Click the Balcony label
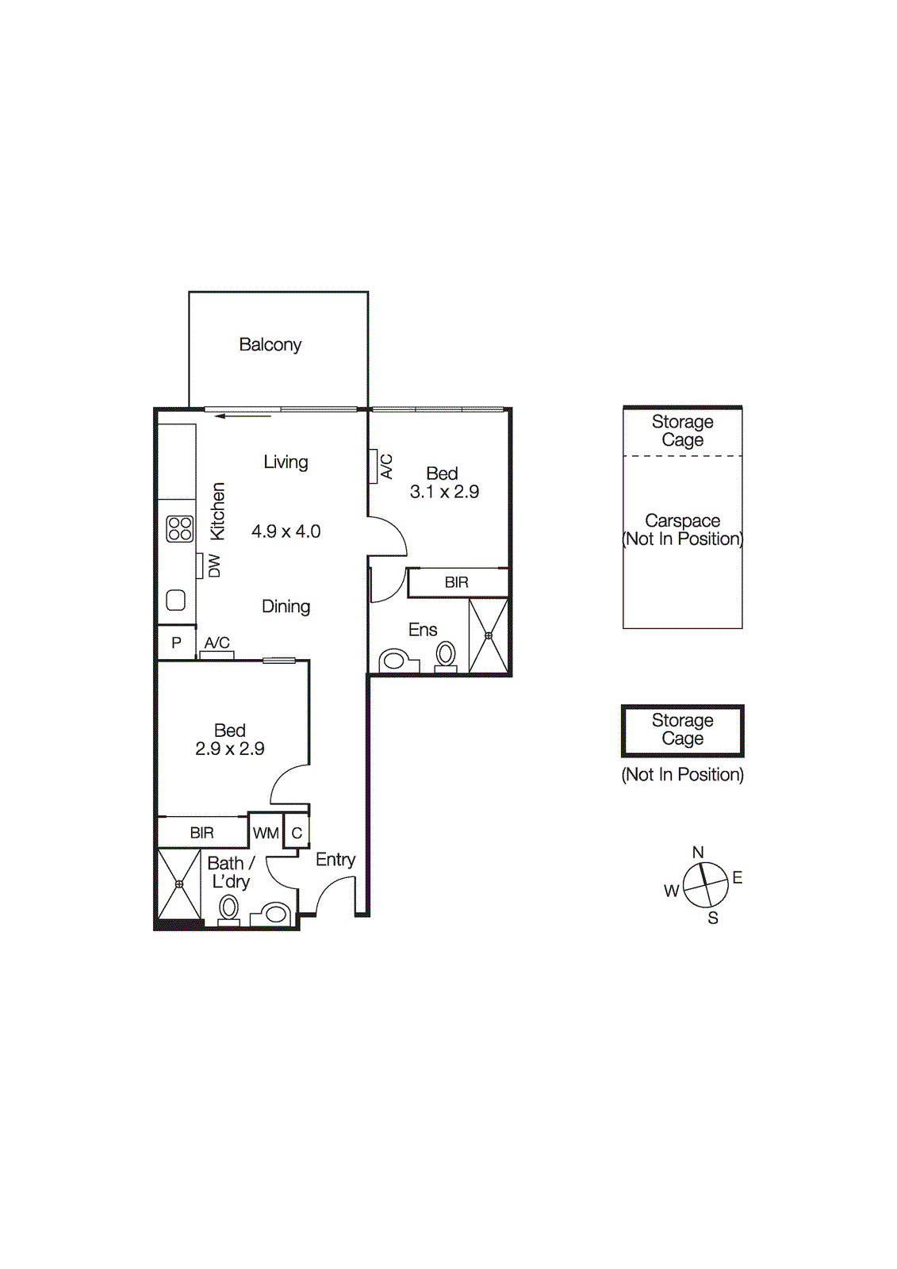(270, 345)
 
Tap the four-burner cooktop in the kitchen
(180, 528)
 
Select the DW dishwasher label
(214, 565)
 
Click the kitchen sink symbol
(176, 600)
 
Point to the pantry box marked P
(176, 642)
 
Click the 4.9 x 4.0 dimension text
(286, 531)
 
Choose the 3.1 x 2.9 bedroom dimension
(444, 492)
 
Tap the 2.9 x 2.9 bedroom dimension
(230, 749)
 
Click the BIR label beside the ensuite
(457, 582)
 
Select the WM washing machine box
(266, 833)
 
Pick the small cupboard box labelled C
(297, 833)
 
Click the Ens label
(423, 630)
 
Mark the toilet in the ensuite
(446, 655)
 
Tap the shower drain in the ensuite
(489, 635)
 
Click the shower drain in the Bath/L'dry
(179, 884)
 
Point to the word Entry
(335, 860)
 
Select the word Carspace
(683, 521)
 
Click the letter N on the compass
(698, 853)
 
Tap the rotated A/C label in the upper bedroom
(386, 466)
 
